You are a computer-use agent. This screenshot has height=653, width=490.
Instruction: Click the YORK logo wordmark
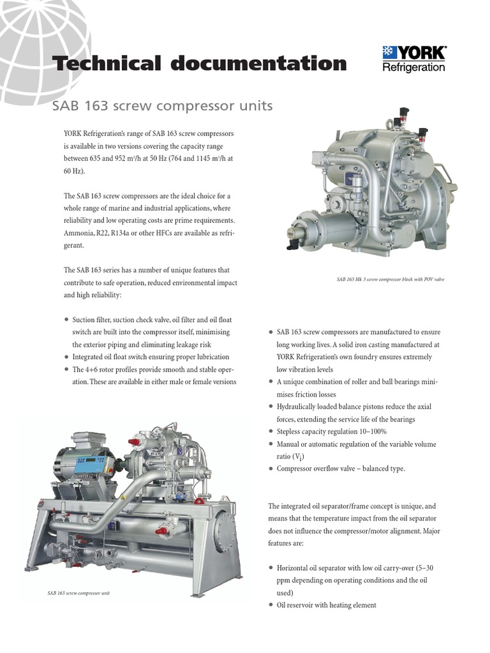tap(420, 52)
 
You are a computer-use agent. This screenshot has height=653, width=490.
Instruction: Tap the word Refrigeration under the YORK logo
tap(413, 68)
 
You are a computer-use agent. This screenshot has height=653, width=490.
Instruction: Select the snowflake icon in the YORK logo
tap(389, 52)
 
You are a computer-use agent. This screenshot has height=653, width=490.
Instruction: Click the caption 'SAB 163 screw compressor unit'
tap(78, 593)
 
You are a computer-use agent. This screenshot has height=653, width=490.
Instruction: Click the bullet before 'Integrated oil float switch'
tap(66, 357)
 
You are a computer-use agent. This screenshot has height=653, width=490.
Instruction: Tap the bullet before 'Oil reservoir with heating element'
tap(271, 605)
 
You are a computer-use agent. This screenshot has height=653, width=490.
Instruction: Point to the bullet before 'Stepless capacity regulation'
tap(271, 432)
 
